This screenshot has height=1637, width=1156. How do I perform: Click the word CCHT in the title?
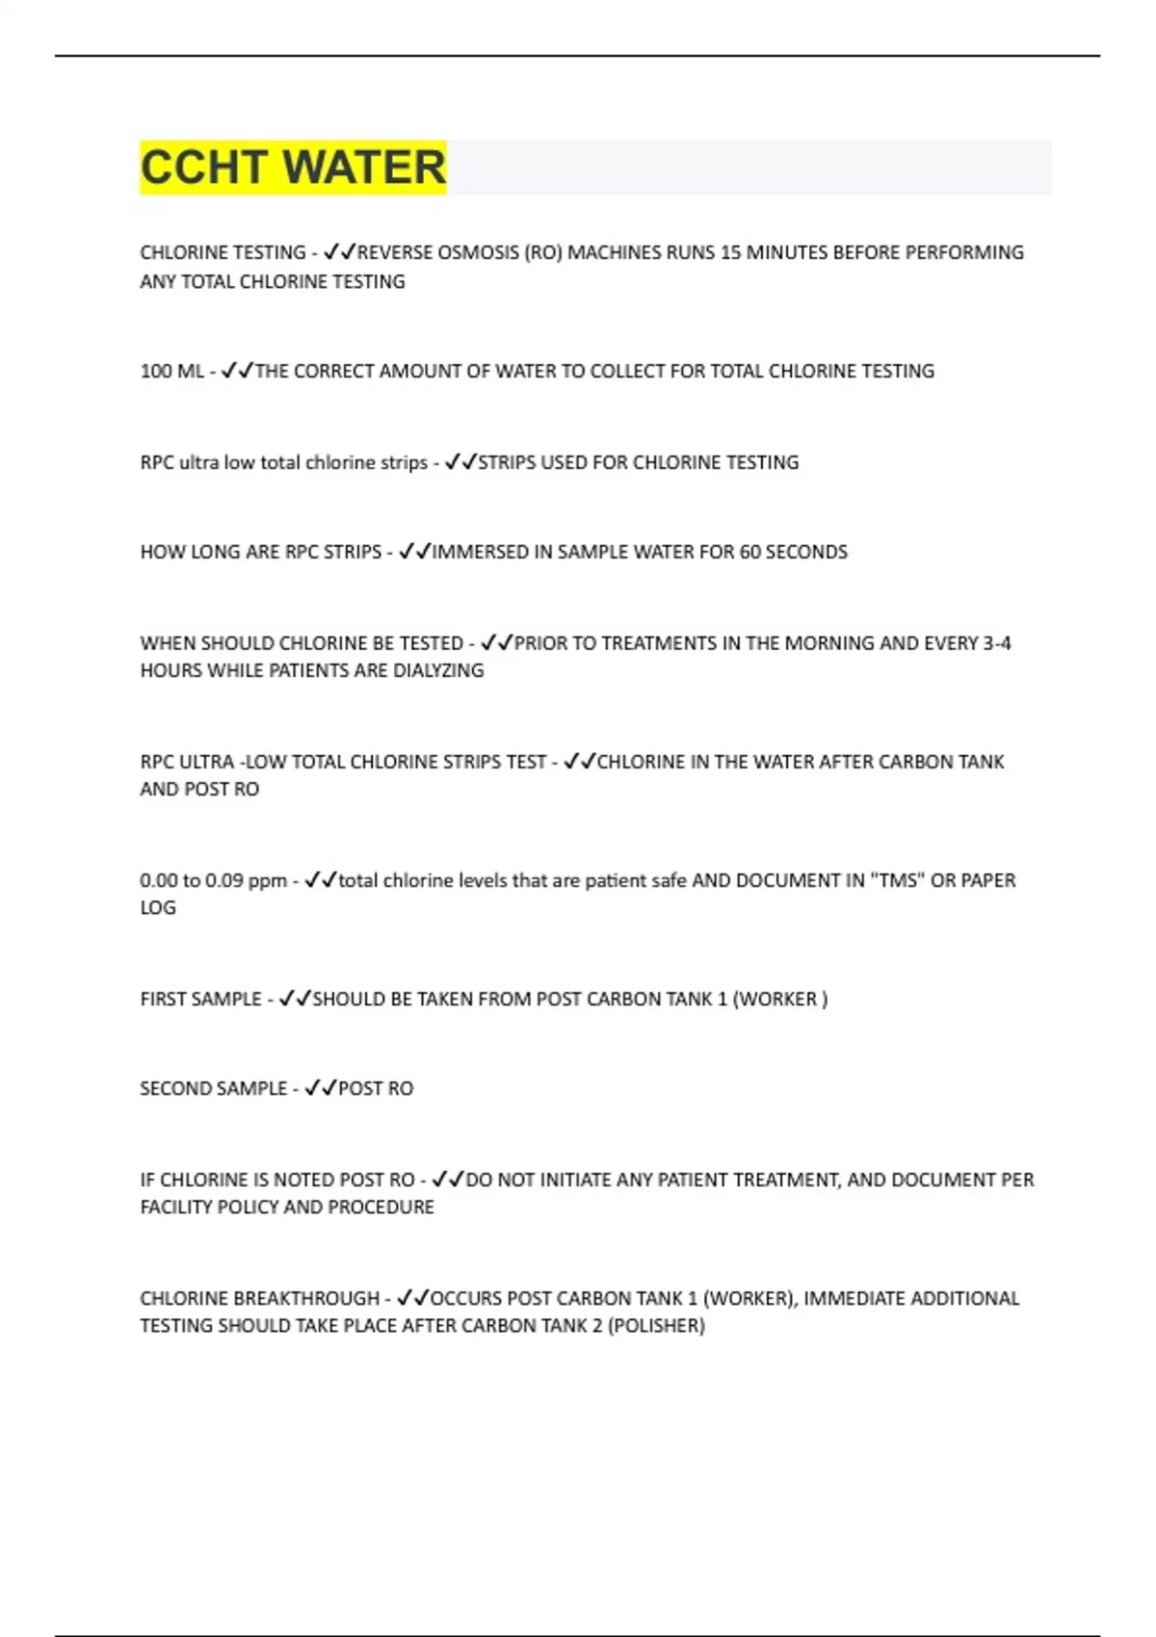[x=204, y=168]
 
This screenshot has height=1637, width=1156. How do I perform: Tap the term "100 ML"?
[x=171, y=372]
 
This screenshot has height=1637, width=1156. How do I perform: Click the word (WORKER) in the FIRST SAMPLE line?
[x=779, y=999]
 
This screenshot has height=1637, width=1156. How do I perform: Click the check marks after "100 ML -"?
[x=237, y=371]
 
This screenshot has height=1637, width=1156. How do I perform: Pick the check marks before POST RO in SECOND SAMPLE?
[x=320, y=1088]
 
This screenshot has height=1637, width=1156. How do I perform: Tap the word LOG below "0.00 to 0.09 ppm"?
[x=158, y=907]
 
